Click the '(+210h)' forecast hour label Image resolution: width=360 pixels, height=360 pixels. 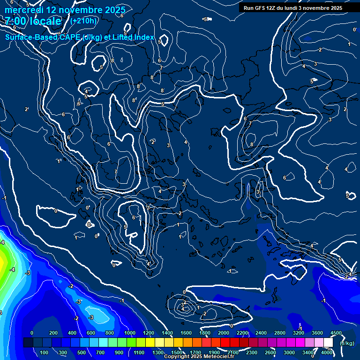point(83,21)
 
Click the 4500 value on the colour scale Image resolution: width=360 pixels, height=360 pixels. point(336,333)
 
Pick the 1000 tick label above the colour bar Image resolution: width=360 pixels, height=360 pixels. point(129,333)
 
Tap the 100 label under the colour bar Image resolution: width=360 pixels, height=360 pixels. point(45,352)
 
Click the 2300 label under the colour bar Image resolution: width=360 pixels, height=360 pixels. point(251,352)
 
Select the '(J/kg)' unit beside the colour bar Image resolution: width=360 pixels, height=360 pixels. point(346,343)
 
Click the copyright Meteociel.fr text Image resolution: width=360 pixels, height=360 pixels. point(199,357)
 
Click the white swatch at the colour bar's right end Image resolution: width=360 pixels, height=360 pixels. point(328,343)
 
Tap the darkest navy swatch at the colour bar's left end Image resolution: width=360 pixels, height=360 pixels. point(28,343)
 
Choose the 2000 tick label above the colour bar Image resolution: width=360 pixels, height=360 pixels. point(223,333)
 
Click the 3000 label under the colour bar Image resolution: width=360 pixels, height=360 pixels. point(289,352)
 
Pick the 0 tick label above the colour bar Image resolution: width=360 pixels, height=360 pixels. point(32,333)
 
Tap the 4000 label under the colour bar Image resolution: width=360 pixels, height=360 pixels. point(327,352)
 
